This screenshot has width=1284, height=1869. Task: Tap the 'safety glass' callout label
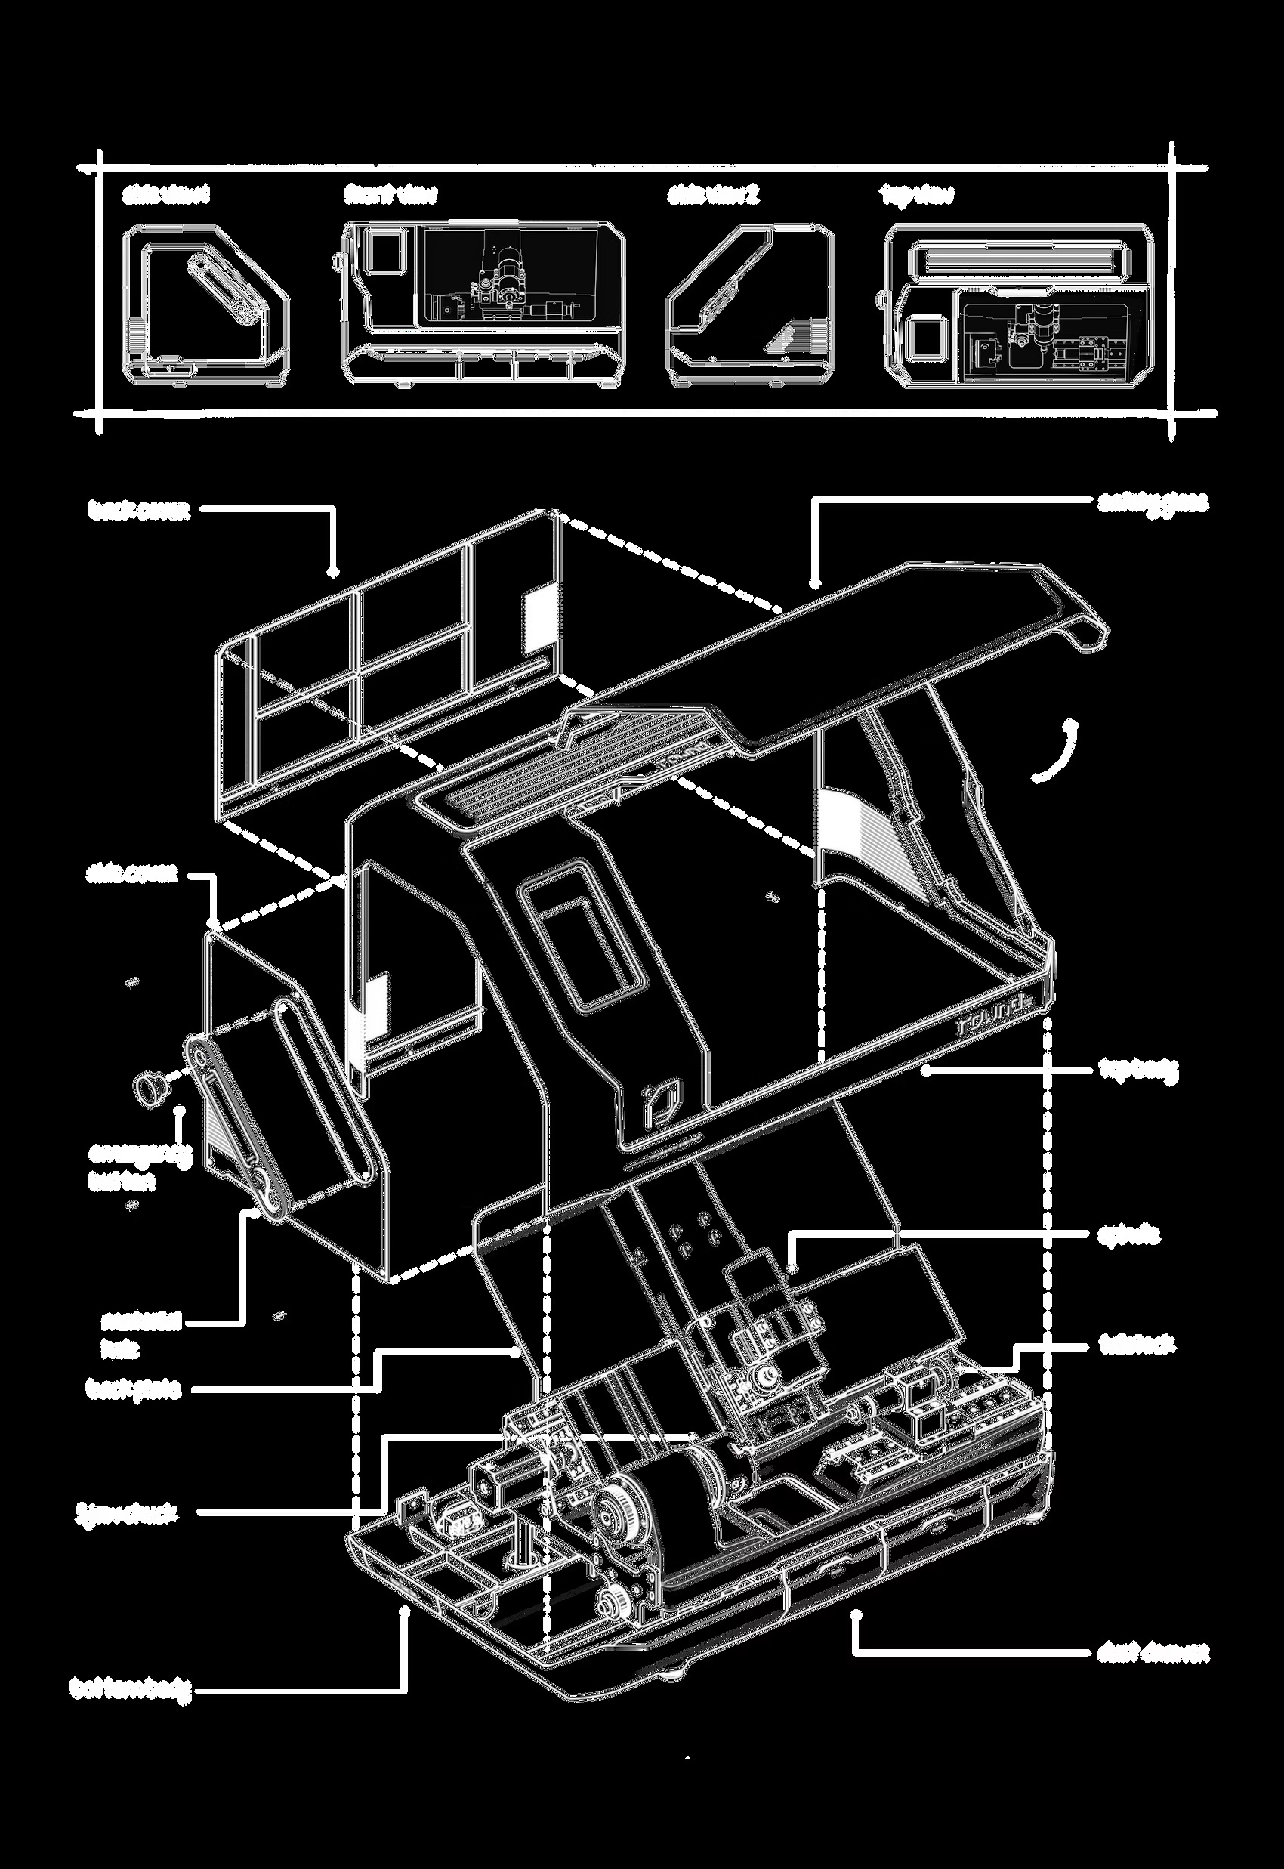(x=1153, y=503)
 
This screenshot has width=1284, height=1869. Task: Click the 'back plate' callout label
(x=134, y=1389)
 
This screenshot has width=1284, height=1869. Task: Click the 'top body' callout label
(x=1138, y=1069)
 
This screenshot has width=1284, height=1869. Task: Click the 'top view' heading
(x=916, y=196)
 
